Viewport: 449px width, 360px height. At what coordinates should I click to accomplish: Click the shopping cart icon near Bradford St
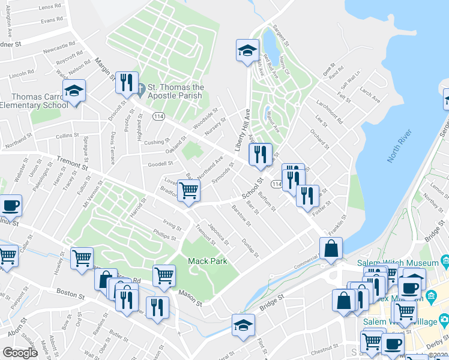coord(188,191)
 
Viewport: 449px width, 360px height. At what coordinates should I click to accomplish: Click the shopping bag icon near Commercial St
coord(331,248)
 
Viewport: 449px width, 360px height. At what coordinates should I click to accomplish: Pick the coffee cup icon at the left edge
coord(10,205)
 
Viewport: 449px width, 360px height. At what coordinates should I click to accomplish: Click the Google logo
coord(20,353)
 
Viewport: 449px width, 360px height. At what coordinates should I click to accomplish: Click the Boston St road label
coord(68,292)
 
